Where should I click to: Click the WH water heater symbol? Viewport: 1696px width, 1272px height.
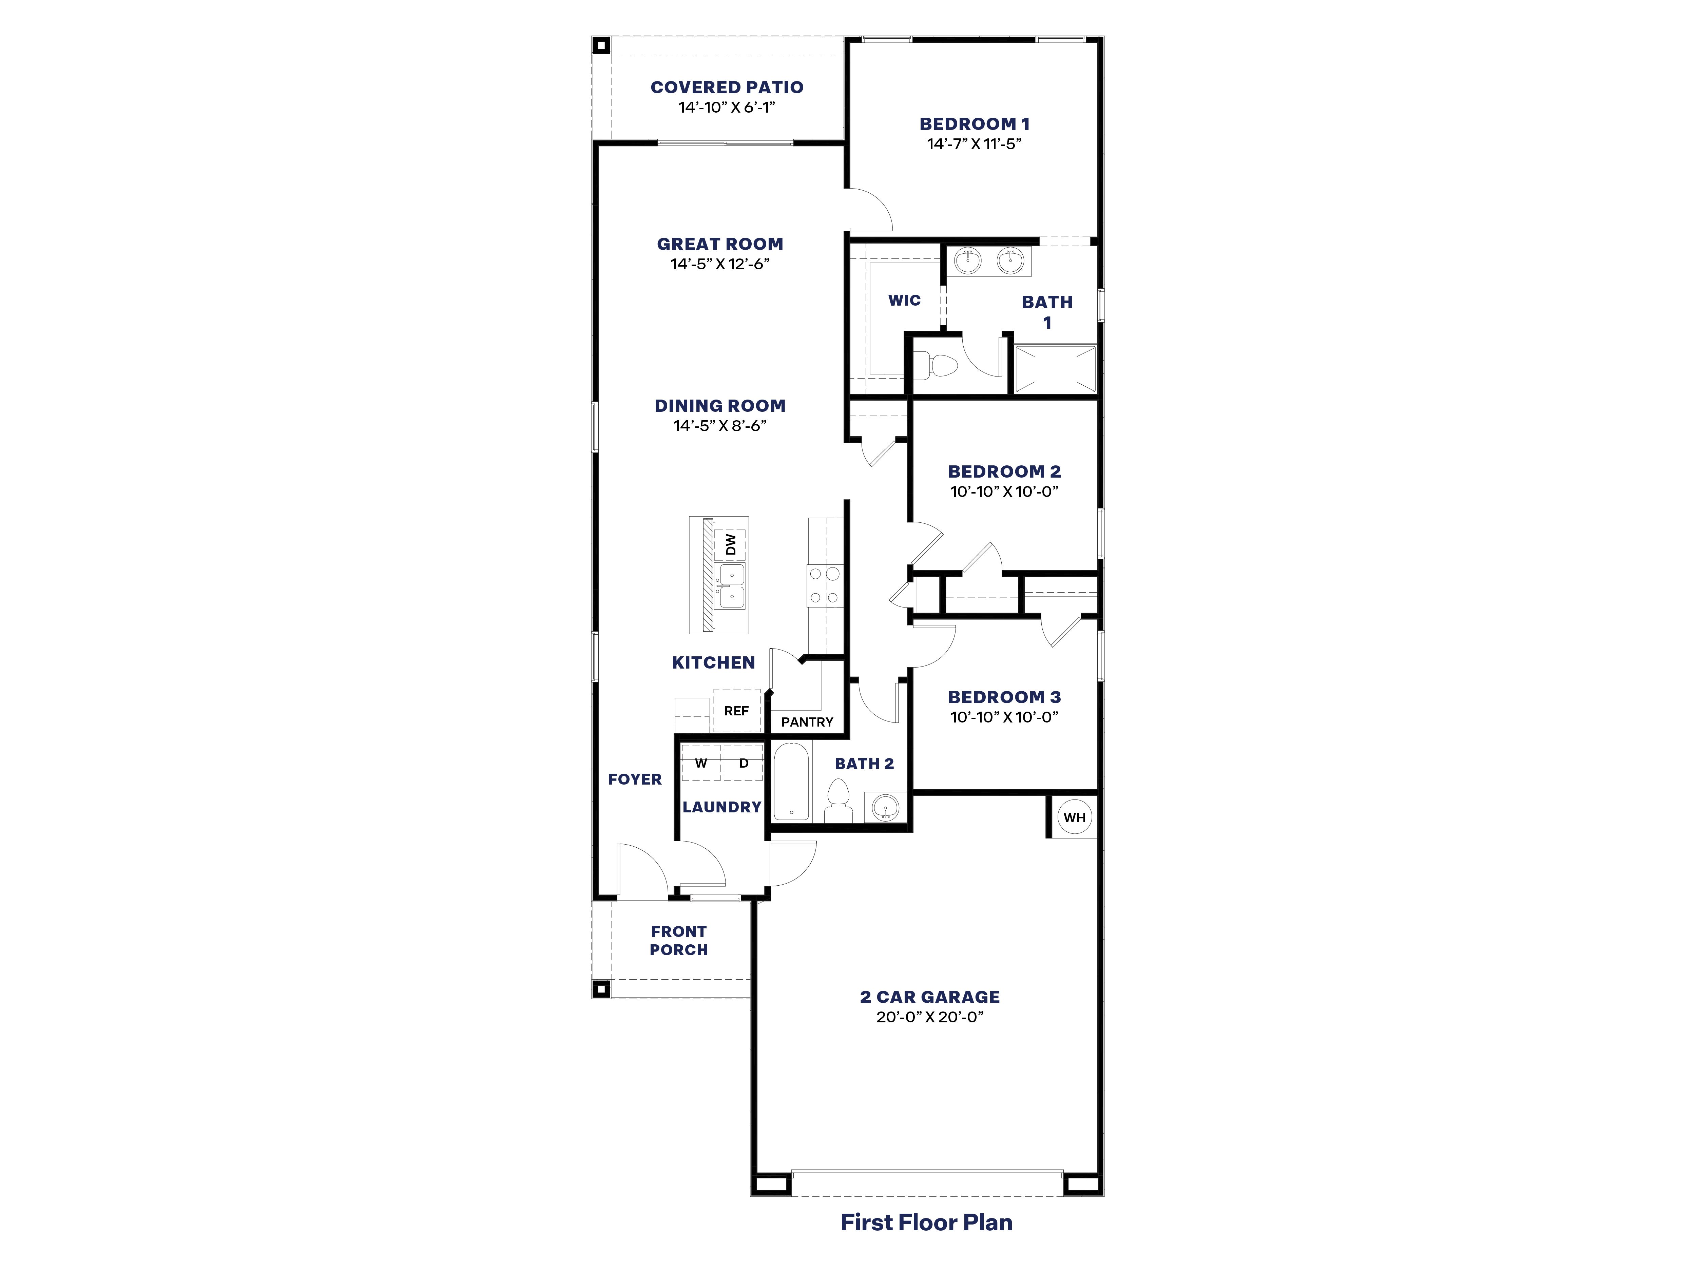coord(1074,817)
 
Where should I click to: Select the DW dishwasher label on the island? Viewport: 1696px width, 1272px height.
coord(731,544)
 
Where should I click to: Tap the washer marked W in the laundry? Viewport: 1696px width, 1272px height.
coord(701,763)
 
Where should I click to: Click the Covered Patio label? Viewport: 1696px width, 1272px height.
coord(727,88)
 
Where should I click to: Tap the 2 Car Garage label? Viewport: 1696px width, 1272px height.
coord(930,997)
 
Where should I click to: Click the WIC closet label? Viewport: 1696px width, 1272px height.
coord(904,300)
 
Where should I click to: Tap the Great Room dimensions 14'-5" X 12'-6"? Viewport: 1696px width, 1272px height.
coord(720,264)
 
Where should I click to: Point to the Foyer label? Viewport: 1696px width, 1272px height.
coord(635,779)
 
